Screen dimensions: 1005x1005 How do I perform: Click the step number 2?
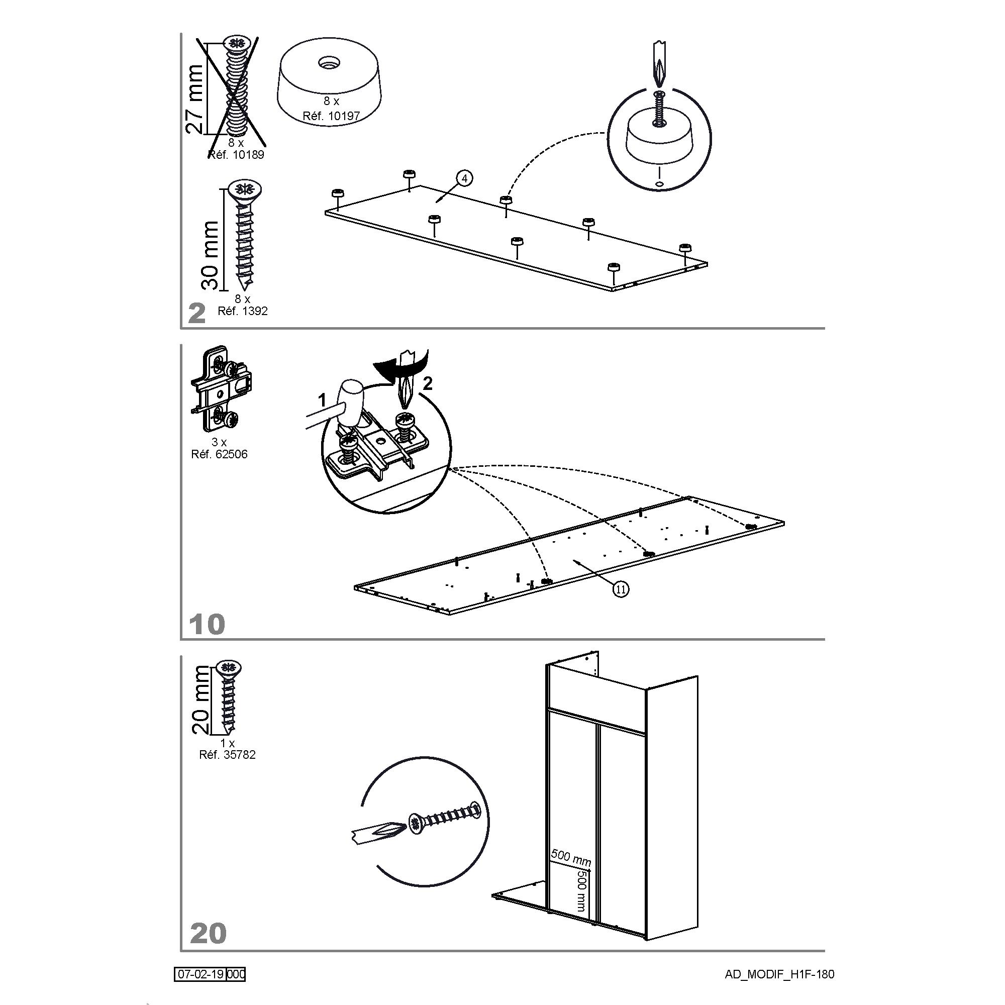197,314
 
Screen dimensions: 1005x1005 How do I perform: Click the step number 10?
207,624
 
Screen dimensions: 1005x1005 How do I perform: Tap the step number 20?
209,934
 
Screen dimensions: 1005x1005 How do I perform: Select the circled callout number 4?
464,178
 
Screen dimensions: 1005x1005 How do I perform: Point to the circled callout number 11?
620,589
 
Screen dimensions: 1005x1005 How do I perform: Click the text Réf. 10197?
331,116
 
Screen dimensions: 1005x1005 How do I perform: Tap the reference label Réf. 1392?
242,311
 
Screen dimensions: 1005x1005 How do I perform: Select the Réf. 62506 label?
219,454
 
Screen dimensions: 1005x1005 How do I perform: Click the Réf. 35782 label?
227,755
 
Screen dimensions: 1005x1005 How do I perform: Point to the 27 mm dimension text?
195,99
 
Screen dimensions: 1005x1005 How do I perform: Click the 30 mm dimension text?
210,255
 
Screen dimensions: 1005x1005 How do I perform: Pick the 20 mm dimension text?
201,700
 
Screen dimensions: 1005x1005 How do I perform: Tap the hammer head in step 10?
350,394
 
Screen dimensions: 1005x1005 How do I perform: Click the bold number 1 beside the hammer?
323,400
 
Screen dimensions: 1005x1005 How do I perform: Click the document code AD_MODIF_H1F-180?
779,974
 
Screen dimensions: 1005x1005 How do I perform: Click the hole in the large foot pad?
328,63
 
